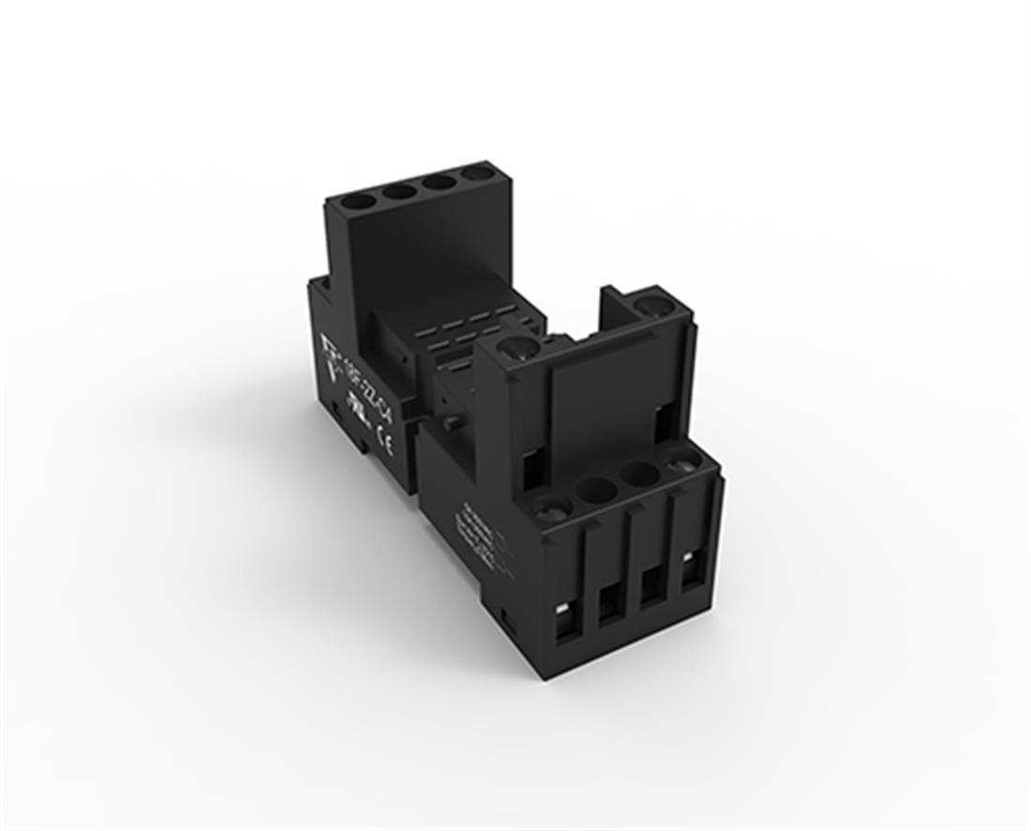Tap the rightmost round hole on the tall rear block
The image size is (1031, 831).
point(472,174)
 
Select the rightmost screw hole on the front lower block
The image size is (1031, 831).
point(683,461)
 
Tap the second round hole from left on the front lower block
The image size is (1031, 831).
point(593,491)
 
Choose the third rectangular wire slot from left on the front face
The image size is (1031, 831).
point(651,588)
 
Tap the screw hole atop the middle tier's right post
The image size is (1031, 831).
point(650,305)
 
